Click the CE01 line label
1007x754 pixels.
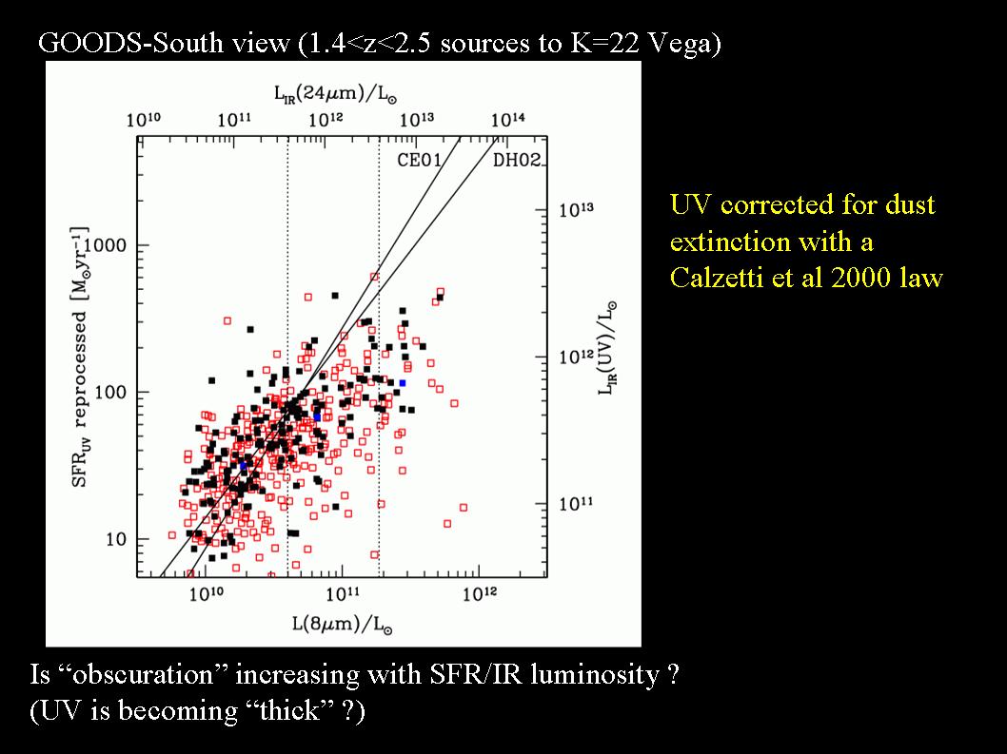419,160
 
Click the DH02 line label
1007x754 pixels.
517,160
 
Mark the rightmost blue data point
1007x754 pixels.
403,383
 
